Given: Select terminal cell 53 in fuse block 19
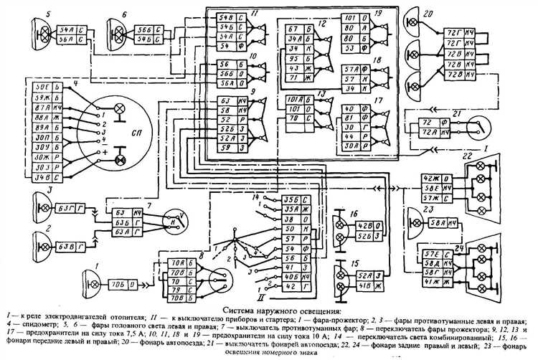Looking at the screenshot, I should (348, 47).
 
